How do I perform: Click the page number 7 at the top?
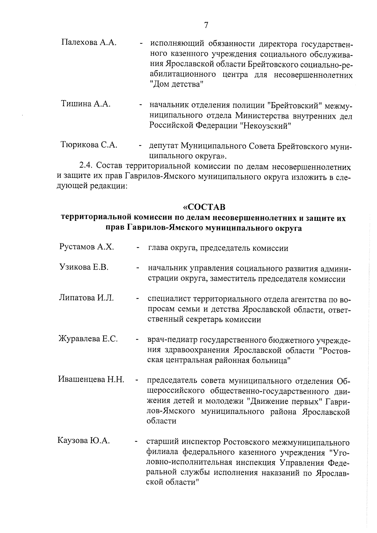click(206, 25)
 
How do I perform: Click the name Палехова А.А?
click(89, 42)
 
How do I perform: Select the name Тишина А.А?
click(85, 104)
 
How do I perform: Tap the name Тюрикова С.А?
click(89, 145)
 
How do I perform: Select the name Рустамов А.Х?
click(86, 247)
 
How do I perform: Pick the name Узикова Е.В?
click(84, 267)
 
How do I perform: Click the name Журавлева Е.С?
click(88, 339)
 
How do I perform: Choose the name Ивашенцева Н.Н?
click(91, 379)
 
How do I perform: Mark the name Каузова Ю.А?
click(84, 441)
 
